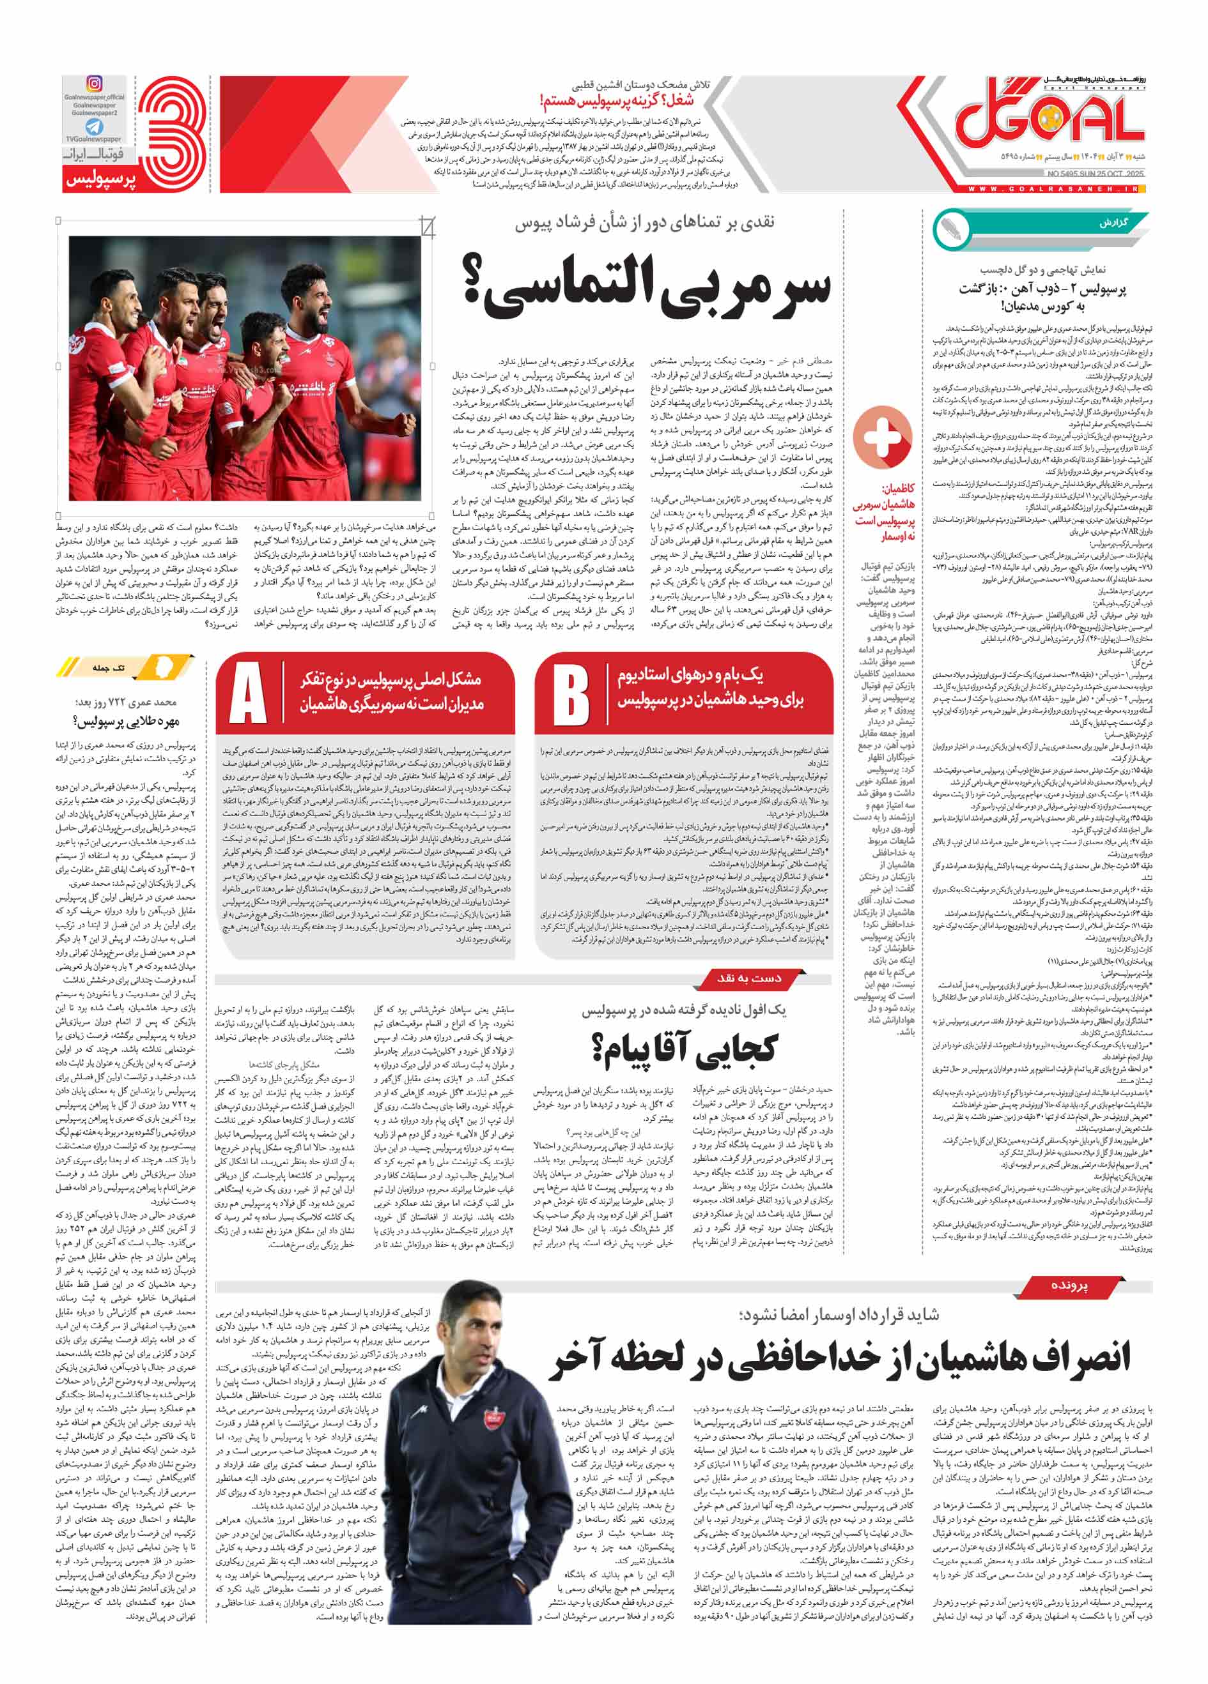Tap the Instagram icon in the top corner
point(95,83)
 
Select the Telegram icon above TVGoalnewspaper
point(95,127)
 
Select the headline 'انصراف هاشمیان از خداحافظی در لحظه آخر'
point(839,1356)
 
